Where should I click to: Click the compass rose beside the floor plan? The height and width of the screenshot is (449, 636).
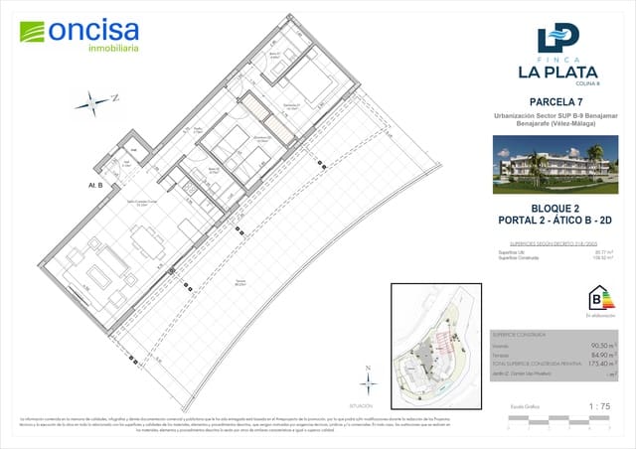pos(97,100)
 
